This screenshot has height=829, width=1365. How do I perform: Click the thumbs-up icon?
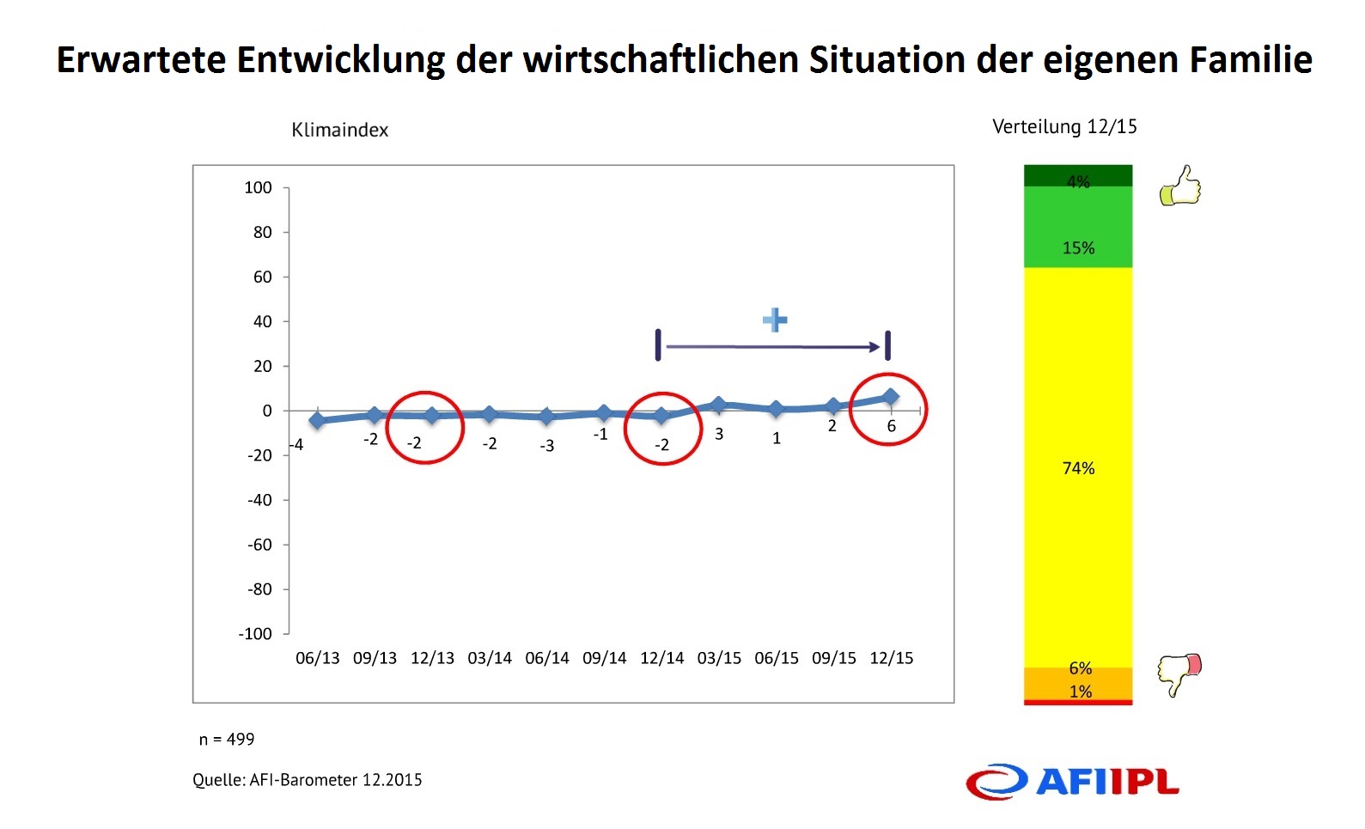pyautogui.click(x=1179, y=186)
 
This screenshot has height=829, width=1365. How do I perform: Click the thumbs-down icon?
pyautogui.click(x=1179, y=674)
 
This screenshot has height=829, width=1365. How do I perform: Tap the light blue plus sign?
pyautogui.click(x=775, y=320)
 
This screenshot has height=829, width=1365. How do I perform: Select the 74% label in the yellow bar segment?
pyautogui.click(x=1078, y=468)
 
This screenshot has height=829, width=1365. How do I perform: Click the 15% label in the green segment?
pyautogui.click(x=1078, y=248)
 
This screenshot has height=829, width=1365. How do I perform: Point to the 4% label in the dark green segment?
pyautogui.click(x=1078, y=181)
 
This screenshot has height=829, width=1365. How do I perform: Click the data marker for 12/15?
pyautogui.click(x=890, y=397)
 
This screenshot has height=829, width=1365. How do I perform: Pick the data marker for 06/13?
pyautogui.click(x=317, y=420)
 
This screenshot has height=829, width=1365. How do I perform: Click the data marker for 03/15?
pyautogui.click(x=718, y=404)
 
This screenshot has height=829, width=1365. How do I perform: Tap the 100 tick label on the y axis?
pyautogui.click(x=258, y=188)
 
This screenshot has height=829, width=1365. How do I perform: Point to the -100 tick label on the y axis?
pyautogui.click(x=255, y=634)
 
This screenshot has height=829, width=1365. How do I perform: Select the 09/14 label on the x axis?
pyautogui.click(x=604, y=658)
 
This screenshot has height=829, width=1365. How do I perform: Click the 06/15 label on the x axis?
pyautogui.click(x=777, y=658)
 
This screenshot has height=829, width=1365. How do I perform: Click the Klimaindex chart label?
pyautogui.click(x=339, y=130)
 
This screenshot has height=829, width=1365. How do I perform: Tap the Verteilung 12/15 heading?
pyautogui.click(x=1064, y=127)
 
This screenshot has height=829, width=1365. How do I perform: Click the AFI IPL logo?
pyautogui.click(x=1072, y=782)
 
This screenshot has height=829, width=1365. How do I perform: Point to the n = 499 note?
pyautogui.click(x=227, y=740)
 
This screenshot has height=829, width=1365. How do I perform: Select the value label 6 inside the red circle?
pyautogui.click(x=891, y=426)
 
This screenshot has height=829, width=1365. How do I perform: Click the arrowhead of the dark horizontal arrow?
pyautogui.click(x=875, y=347)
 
